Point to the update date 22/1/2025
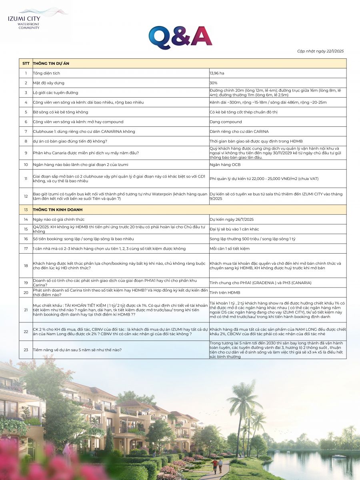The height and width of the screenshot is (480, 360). coord(320,51)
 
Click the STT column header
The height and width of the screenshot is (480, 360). coord(26,63)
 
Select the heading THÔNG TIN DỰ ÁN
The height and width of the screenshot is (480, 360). coord(52,63)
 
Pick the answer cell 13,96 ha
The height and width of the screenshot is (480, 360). coord(217,73)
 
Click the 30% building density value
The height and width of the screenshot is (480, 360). coord(214,83)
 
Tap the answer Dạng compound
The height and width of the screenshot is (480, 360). coord(226,122)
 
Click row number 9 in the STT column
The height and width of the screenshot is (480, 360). coord(26,153)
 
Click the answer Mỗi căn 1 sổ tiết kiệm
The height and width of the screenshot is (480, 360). coord(230,248)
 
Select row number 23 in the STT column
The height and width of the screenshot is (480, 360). coord(26,350)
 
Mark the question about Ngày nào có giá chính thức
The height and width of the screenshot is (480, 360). coord(59,219)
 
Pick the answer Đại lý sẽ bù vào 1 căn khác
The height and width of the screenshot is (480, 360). coord(234,229)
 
